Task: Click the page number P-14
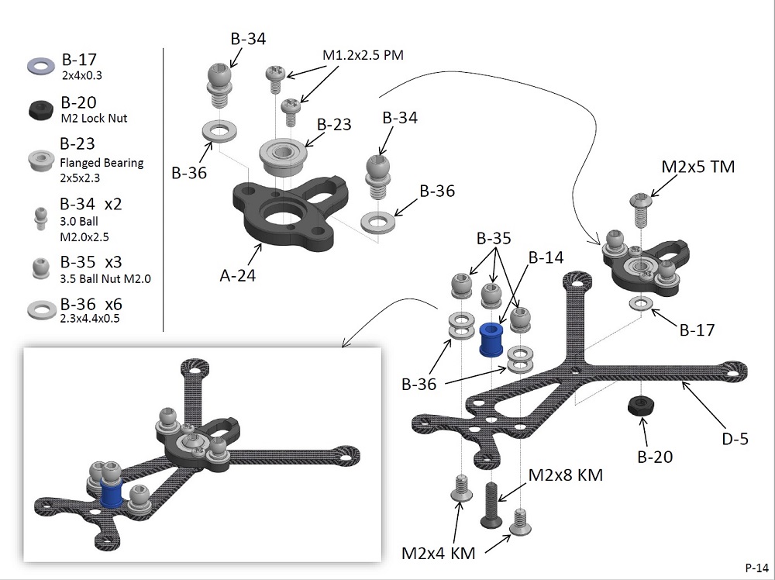pyautogui.click(x=756, y=567)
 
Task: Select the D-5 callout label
pyautogui.click(x=735, y=439)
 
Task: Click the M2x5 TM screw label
pyautogui.click(x=698, y=167)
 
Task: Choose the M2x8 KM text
pyautogui.click(x=565, y=474)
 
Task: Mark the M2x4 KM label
pyautogui.click(x=438, y=553)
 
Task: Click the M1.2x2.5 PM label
pyautogui.click(x=363, y=55)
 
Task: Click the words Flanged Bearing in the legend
pyautogui.click(x=102, y=163)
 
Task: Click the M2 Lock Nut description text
pyautogui.click(x=94, y=119)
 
